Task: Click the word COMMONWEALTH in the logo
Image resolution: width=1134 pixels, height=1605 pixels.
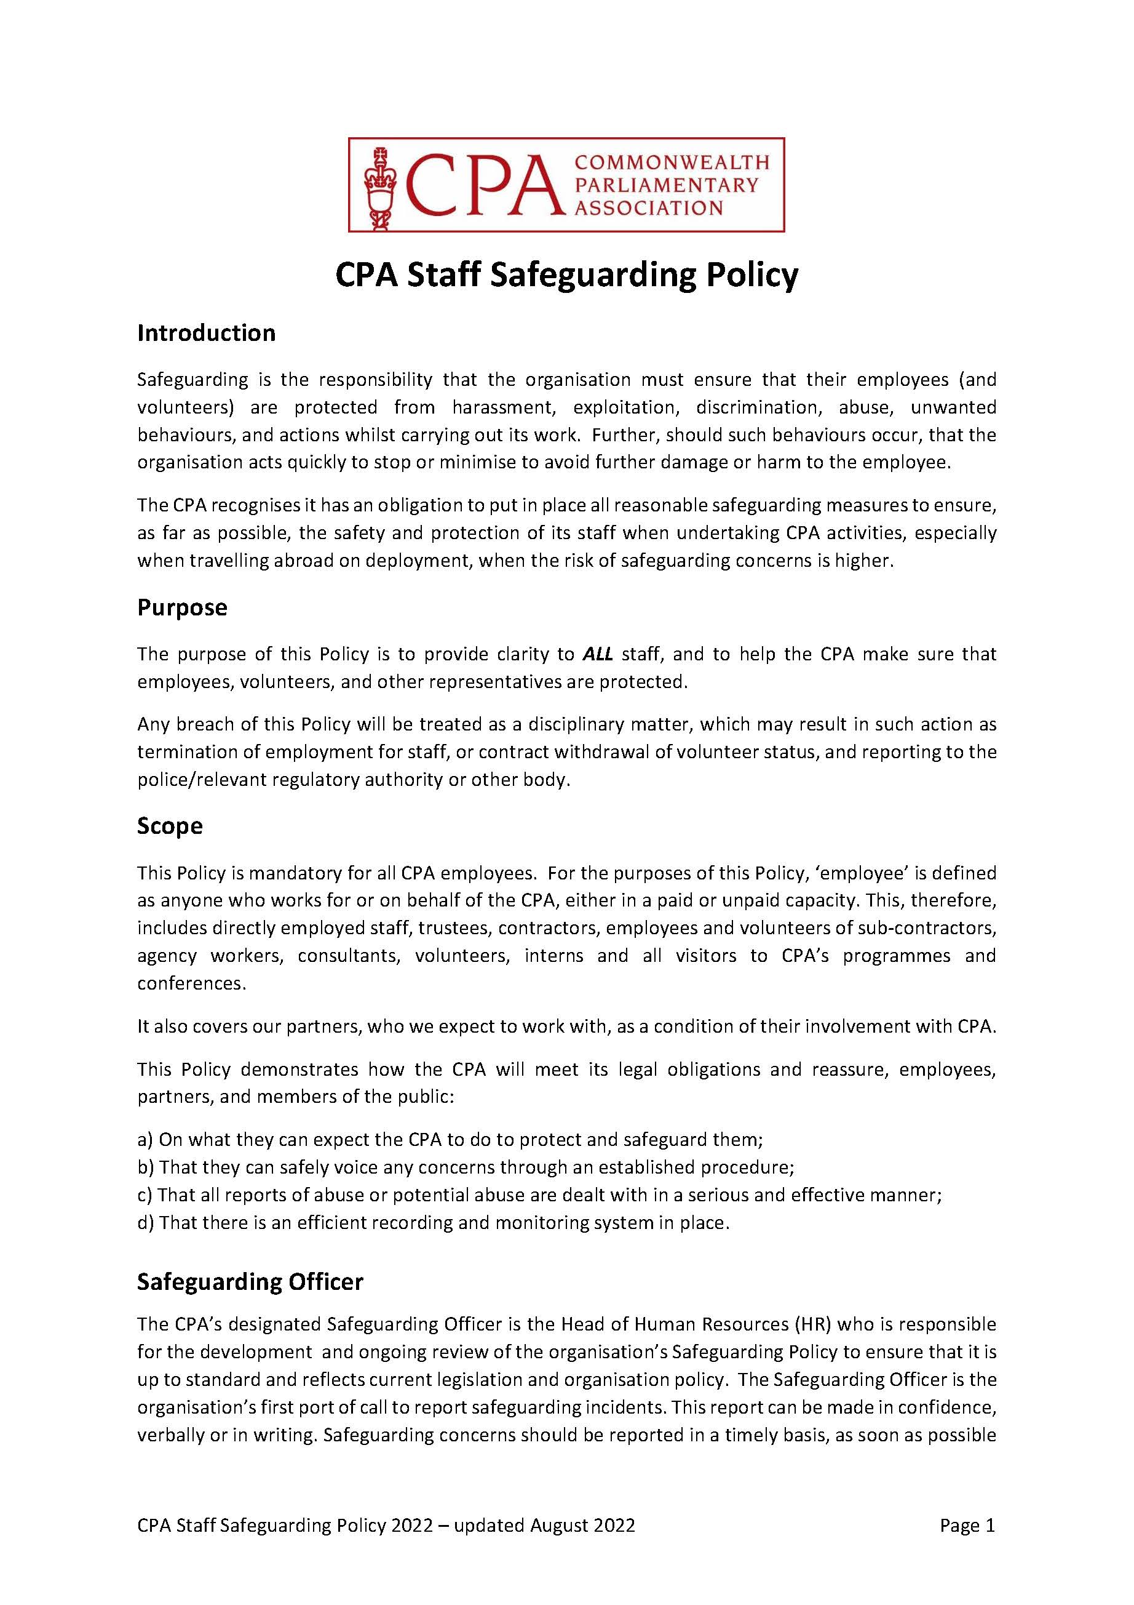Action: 671,163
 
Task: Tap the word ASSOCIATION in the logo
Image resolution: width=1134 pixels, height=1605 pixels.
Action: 648,208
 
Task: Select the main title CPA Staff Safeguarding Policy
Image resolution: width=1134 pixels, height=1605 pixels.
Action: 566,276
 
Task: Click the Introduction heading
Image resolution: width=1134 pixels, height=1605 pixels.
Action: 206,334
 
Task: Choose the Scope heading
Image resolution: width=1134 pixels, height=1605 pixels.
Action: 170,827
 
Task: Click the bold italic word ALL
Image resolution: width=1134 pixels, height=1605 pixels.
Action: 597,654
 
